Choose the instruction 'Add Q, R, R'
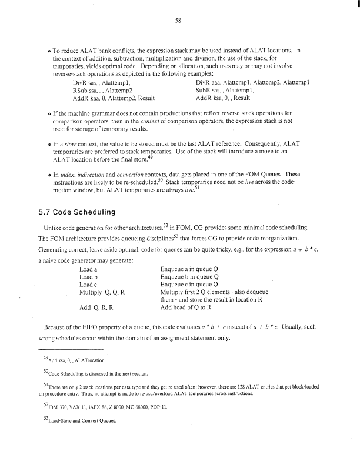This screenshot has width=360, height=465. pos(96,306)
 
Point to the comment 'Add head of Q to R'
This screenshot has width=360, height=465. pos(188,306)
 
